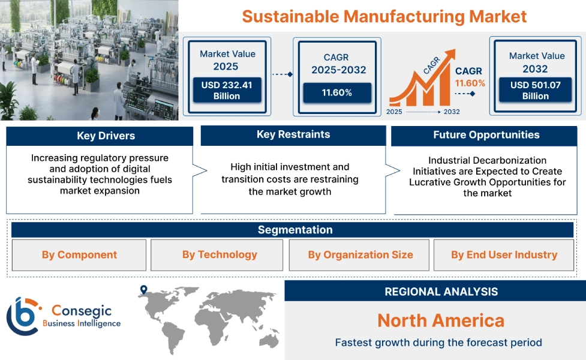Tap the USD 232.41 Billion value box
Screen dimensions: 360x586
(x=227, y=91)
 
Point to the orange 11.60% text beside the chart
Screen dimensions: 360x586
(x=470, y=83)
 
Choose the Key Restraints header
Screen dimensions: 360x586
(x=293, y=134)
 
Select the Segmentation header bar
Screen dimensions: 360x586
(x=295, y=230)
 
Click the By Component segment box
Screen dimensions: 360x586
(x=79, y=255)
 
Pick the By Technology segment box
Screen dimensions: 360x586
(x=220, y=255)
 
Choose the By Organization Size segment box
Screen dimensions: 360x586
(x=360, y=255)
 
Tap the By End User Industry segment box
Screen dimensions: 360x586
(x=504, y=255)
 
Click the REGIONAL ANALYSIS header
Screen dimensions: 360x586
(x=441, y=292)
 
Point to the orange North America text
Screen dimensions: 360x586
(x=441, y=320)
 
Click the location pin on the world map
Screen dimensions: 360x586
(x=143, y=290)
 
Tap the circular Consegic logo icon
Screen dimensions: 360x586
(x=22, y=316)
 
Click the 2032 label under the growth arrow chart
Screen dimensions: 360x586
(x=452, y=112)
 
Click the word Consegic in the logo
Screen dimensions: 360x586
(x=80, y=310)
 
